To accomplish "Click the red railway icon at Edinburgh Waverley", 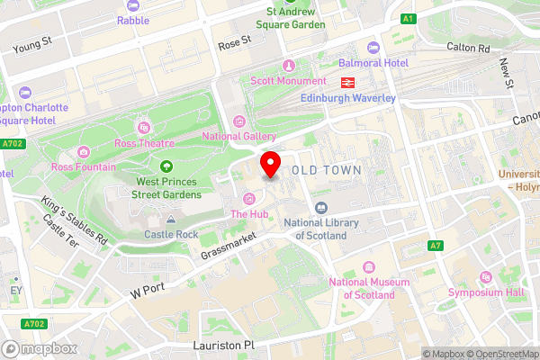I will tap(346, 82).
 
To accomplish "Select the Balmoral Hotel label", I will tap(373, 63).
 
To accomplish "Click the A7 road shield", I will tap(436, 245).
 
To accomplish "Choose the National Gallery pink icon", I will tap(238, 121).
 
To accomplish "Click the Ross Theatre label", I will tap(144, 142).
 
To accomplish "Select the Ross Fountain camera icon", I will tap(84, 152).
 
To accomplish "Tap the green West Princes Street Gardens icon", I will tap(166, 166).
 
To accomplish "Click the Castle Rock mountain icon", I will tap(171, 219).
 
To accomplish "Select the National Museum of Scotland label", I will tap(362, 288).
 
